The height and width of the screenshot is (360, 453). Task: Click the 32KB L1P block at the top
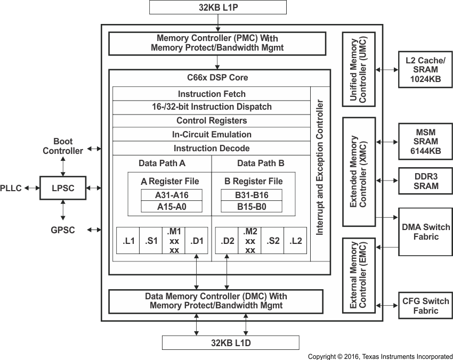coord(218,7)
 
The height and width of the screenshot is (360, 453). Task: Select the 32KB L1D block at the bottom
coord(231,342)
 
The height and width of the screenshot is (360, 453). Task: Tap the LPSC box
coord(63,188)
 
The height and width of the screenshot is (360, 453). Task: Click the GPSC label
coord(63,230)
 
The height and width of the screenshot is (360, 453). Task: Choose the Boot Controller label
coord(63,146)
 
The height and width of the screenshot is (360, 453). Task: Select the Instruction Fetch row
coord(212,94)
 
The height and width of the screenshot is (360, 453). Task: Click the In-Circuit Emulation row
coord(212,135)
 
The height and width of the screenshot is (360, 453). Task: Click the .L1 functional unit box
coord(128,241)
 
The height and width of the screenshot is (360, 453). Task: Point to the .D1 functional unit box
coord(197,241)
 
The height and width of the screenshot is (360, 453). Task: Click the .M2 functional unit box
coord(250,241)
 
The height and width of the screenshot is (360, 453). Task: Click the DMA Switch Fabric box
coord(425,232)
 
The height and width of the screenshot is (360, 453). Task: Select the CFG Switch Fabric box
coord(425,304)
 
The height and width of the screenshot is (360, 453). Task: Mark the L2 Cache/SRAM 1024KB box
coord(425,70)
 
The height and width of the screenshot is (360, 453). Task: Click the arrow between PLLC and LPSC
coord(31,188)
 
